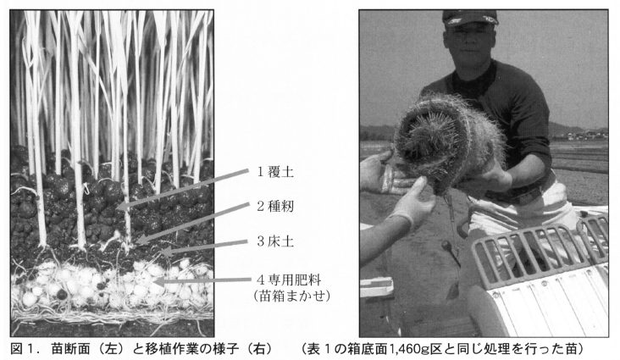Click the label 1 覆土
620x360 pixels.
click(275, 172)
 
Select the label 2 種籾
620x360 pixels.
click(275, 206)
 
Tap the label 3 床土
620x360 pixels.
click(275, 241)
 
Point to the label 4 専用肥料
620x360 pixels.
click(289, 280)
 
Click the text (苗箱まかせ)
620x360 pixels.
click(292, 296)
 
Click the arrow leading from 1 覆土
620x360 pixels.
click(184, 188)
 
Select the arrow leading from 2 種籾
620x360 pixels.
click(192, 223)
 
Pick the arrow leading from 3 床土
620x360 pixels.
click(205, 246)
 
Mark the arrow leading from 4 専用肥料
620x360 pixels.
click(202, 281)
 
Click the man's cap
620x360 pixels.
click(470, 18)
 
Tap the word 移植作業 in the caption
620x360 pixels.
click(171, 349)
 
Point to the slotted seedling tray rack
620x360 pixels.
click(540, 250)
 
